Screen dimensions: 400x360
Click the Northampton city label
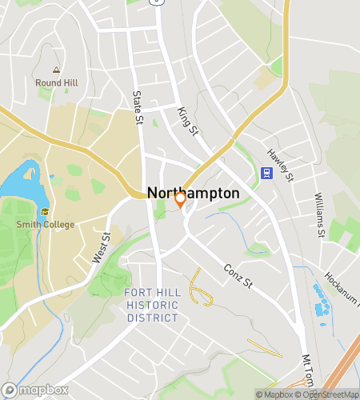pyautogui.click(x=193, y=193)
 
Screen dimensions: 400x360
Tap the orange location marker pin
pyautogui.click(x=180, y=200)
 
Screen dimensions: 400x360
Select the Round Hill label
pyautogui.click(x=56, y=82)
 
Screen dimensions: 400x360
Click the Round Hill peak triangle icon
pyautogui.click(x=56, y=70)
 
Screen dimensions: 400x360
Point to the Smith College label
pyautogui.click(x=45, y=224)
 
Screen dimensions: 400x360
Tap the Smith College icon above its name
pyautogui.click(x=45, y=212)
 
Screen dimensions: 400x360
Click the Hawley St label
pyautogui.click(x=281, y=165)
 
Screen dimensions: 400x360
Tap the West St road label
pyautogui.click(x=101, y=246)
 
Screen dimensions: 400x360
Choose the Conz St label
pyautogui.click(x=238, y=275)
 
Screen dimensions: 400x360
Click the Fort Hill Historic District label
pyautogui.click(x=152, y=306)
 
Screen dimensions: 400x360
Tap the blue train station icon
pyautogui.click(x=266, y=172)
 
